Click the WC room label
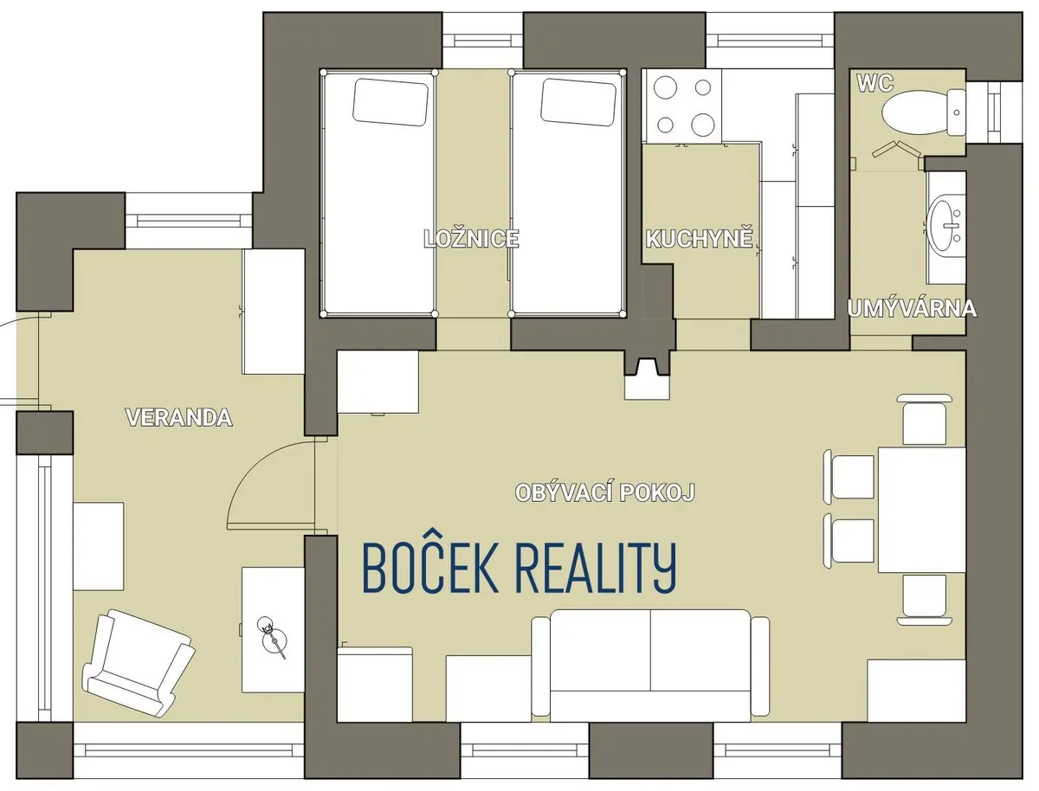coord(875,83)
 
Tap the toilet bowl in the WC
coord(923,113)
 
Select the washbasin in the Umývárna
coord(945,226)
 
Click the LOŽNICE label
coord(472,239)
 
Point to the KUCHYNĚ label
coord(700,239)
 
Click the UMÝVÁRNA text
coord(912,309)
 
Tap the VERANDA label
coord(179,417)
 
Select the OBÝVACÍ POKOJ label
coord(605,492)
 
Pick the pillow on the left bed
coord(391,102)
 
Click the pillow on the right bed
coord(579,102)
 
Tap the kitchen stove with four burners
coord(681,106)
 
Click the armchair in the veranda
coord(139,662)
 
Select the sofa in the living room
coord(650,668)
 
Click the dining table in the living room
coord(921,510)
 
